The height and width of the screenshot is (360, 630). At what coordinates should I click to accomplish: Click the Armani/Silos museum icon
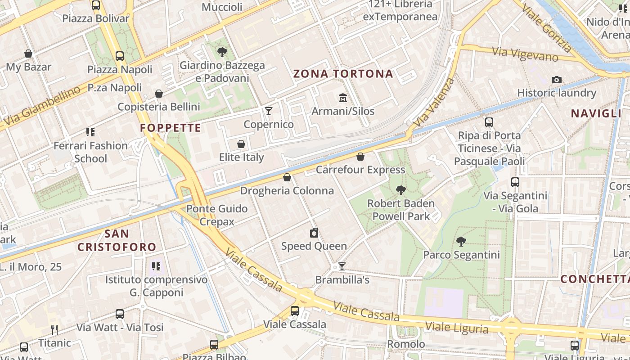pos(343,98)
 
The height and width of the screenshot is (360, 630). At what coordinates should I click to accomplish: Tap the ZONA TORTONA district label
pos(343,74)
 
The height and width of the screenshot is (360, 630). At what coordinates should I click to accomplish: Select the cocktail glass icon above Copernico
pos(269,111)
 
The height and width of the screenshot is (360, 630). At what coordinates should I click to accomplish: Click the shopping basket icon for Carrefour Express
pos(360,157)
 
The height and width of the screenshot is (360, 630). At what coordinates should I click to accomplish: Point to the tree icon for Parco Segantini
pos(461,242)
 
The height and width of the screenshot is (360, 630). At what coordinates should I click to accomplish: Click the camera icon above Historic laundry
pos(557,80)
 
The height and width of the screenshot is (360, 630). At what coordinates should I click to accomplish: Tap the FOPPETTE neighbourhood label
pos(170,128)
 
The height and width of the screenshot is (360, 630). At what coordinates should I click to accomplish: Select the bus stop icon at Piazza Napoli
pos(120,56)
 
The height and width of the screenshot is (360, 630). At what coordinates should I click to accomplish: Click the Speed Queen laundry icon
pos(314,233)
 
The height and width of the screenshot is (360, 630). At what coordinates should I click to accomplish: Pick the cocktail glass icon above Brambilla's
pos(342,266)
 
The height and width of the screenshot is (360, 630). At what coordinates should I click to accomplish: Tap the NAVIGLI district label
pos(596,113)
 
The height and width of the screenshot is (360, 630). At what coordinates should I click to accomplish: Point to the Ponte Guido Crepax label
pos(217,215)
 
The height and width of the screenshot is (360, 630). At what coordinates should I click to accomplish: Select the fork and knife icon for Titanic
pos(54,330)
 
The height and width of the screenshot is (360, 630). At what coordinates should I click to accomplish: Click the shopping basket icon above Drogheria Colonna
pos(287,177)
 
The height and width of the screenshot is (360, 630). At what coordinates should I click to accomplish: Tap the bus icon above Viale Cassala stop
pos(295,311)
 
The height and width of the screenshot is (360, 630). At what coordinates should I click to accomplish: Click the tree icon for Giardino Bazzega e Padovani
pos(222,52)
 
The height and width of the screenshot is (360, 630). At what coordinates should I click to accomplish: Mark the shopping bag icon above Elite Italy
pos(241,144)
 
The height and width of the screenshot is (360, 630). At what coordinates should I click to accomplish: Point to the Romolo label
pos(406,344)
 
